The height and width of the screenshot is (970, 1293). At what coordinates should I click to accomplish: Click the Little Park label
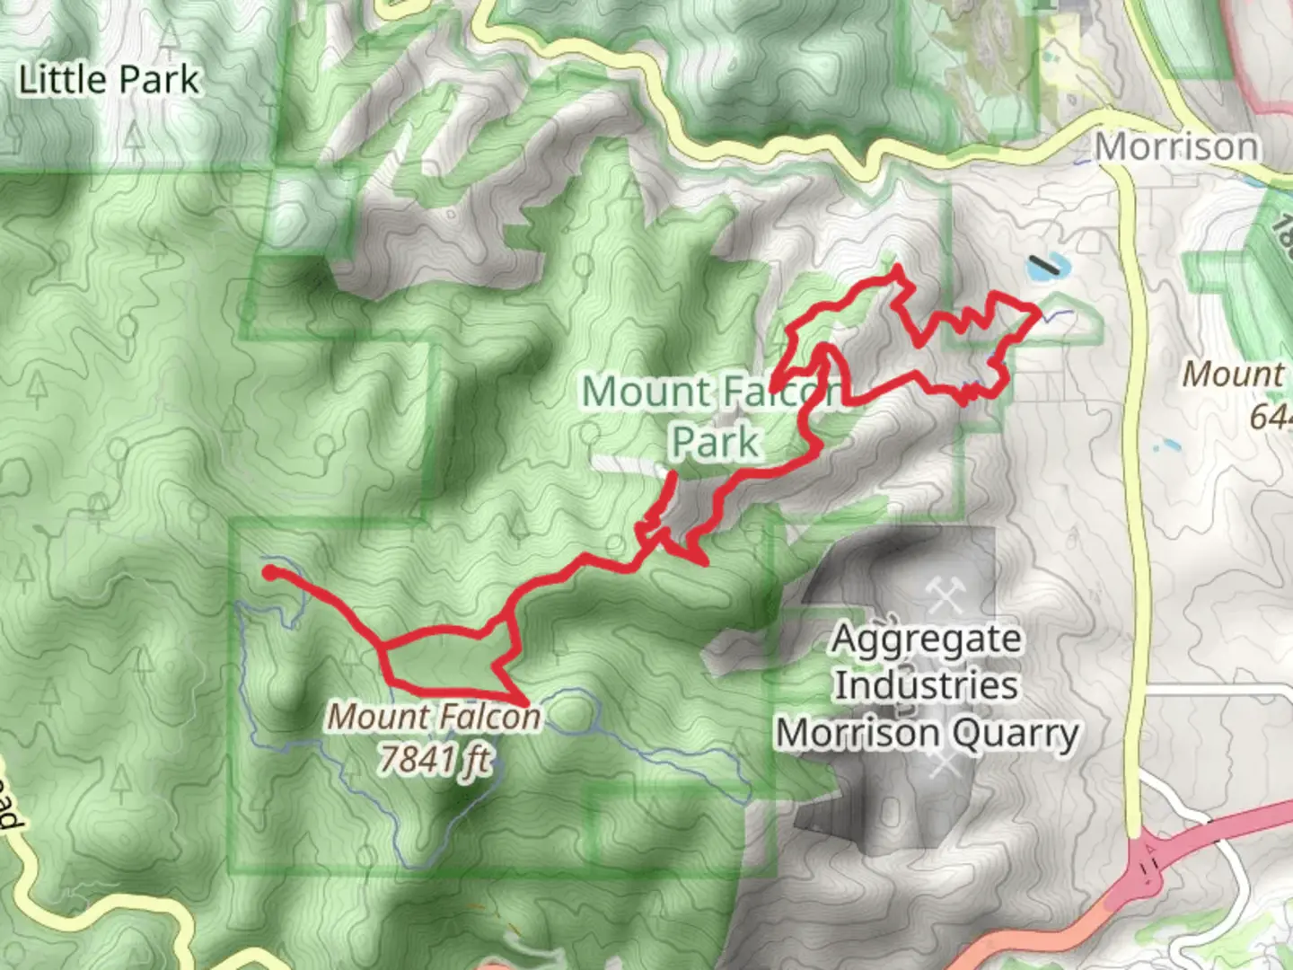tap(109, 81)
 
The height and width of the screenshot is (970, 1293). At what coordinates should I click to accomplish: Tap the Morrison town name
tap(1176, 146)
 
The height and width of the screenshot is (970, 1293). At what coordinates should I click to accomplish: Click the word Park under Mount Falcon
tap(716, 442)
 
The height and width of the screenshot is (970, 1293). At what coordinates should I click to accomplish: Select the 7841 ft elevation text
tap(435, 760)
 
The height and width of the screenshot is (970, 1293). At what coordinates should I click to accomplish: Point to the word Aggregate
tap(926, 639)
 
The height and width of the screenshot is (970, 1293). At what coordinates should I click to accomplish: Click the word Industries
tap(926, 685)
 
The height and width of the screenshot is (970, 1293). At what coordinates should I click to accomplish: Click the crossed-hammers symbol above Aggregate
tap(944, 595)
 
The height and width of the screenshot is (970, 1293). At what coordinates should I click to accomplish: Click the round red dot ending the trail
tap(269, 572)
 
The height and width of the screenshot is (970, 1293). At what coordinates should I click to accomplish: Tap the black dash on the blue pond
tap(1044, 265)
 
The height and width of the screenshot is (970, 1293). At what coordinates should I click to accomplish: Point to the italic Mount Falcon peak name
tap(434, 717)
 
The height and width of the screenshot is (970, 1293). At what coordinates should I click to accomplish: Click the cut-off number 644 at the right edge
tap(1270, 417)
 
